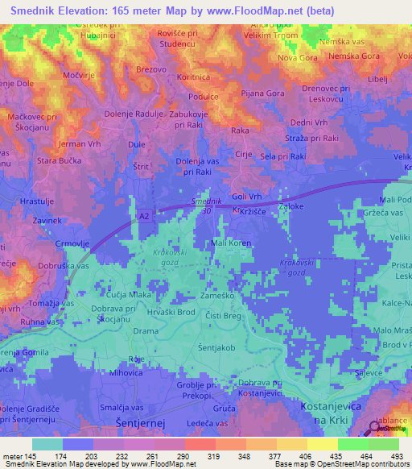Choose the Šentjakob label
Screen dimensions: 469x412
click(216, 347)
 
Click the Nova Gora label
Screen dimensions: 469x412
click(297, 58)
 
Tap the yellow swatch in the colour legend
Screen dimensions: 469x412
click(322, 444)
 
